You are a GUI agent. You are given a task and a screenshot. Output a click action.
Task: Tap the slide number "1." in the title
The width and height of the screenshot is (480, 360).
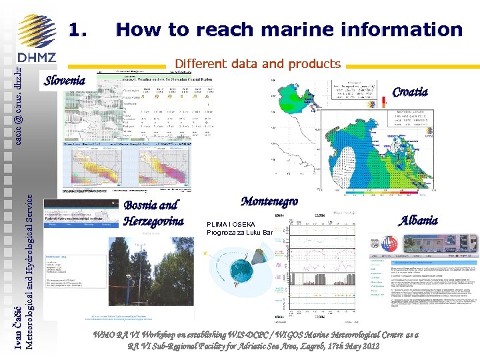pos(79,30)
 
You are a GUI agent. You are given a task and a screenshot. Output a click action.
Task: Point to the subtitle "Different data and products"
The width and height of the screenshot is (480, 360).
pos(257,65)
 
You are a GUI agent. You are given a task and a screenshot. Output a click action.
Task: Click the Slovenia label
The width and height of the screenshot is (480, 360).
pos(65,81)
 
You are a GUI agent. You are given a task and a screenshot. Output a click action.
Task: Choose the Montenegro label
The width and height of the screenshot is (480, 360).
pos(269,201)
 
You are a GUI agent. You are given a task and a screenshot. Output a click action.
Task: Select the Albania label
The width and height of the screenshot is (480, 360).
pos(419,220)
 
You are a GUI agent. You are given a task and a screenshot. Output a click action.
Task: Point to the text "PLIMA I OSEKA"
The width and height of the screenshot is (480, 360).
pos(229,225)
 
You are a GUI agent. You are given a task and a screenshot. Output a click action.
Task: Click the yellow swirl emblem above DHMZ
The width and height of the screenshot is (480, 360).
pos(37,30)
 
